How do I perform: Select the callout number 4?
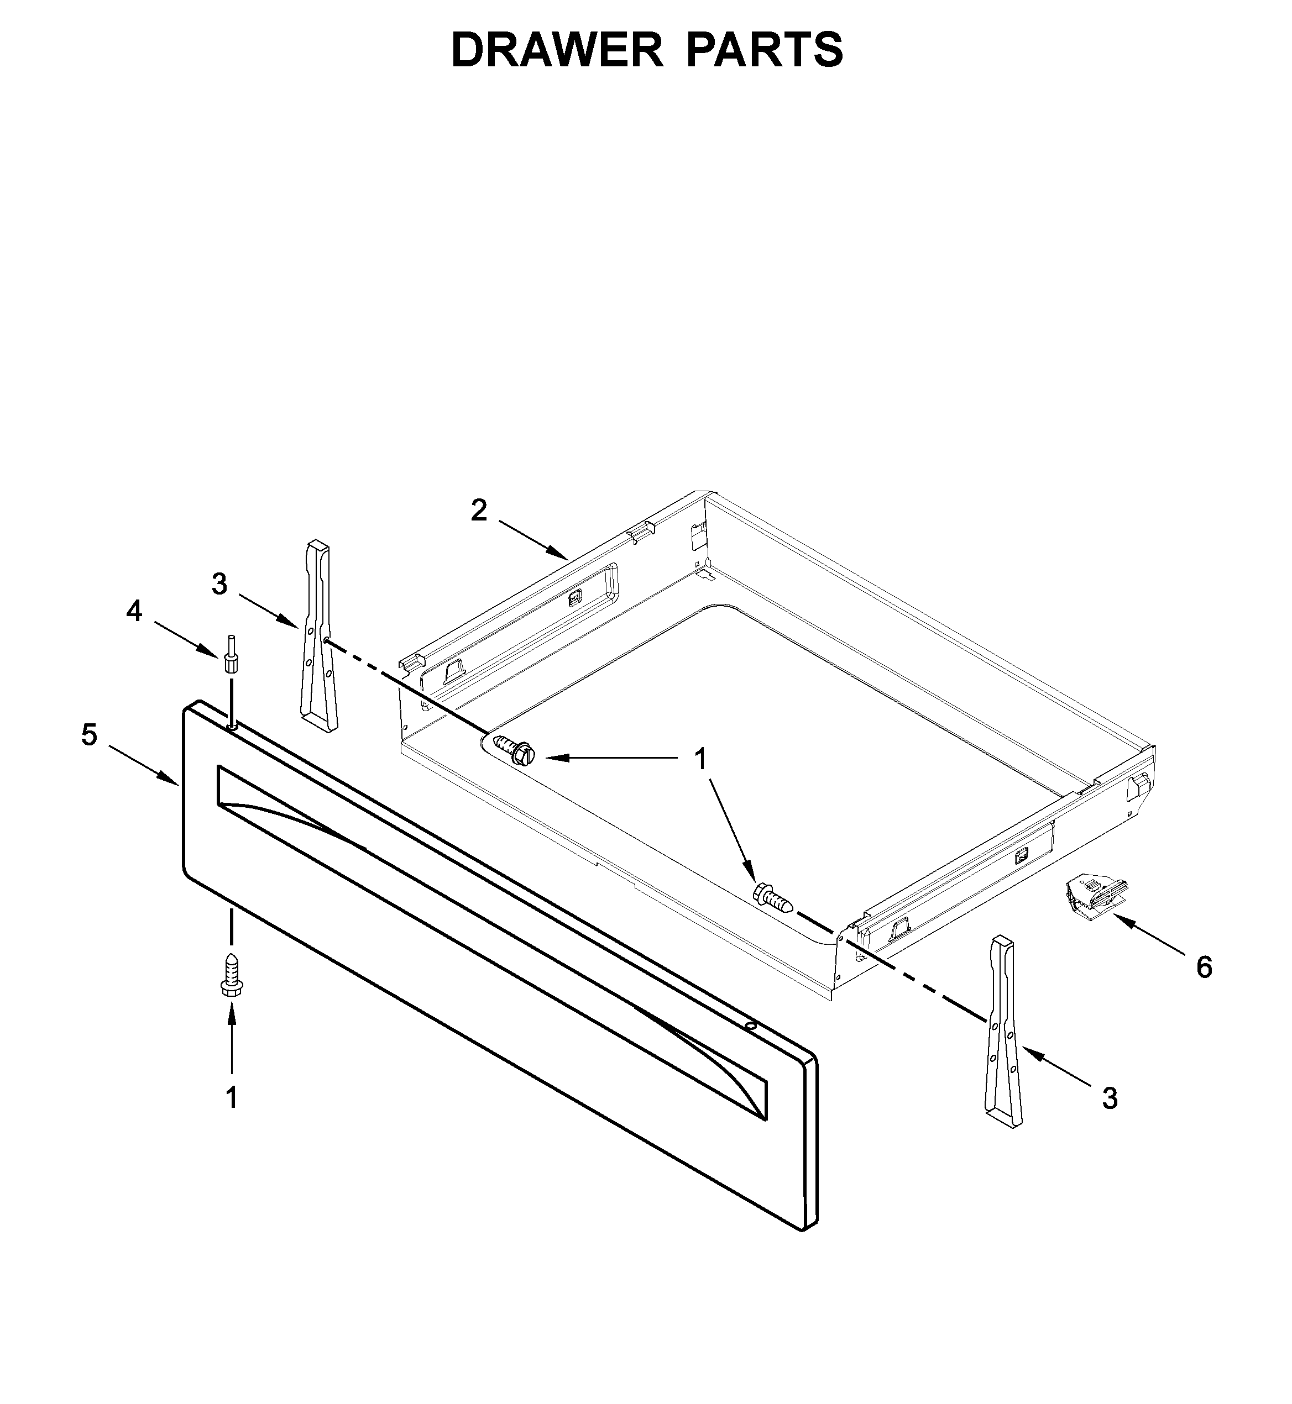coord(134,612)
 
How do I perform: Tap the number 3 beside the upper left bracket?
coord(219,584)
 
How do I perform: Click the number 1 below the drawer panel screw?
coord(232,1098)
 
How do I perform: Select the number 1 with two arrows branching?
coord(700,759)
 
